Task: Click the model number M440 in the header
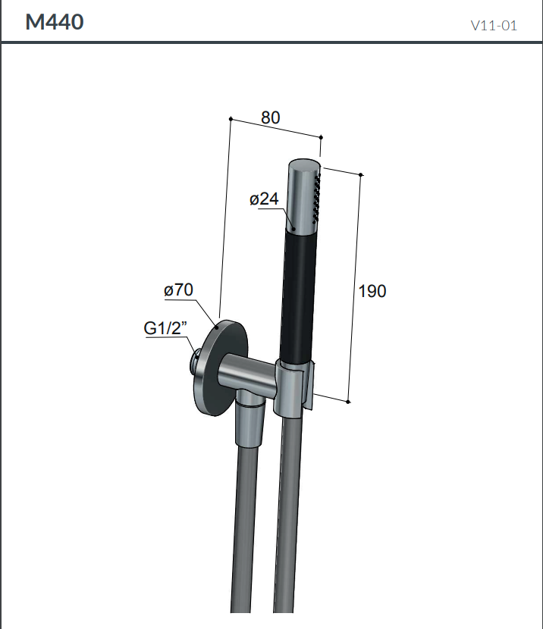pyautogui.click(x=55, y=22)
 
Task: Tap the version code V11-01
pyautogui.click(x=494, y=25)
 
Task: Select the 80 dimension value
pyautogui.click(x=271, y=117)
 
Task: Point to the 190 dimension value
pyautogui.click(x=372, y=291)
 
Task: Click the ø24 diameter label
pyautogui.click(x=264, y=199)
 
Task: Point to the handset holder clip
pyautogui.click(x=295, y=388)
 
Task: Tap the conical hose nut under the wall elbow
pyautogui.click(x=250, y=424)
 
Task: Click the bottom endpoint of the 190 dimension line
pyautogui.click(x=348, y=400)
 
